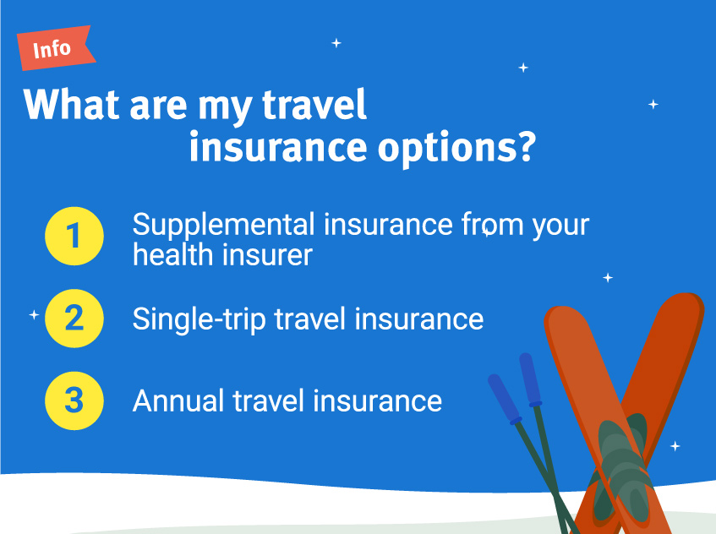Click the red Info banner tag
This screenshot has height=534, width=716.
point(55,48)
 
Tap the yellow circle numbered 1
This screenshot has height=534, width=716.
point(74,236)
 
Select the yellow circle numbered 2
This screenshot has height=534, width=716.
point(74,318)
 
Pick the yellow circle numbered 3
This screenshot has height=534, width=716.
point(74,400)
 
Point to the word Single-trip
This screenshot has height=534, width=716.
point(199,319)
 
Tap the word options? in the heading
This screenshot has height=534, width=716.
point(456,149)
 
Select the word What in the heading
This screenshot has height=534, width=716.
point(71,104)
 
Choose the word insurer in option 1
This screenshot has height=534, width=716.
point(268,254)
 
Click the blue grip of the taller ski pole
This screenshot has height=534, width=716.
point(530,379)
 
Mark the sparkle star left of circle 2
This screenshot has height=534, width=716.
point(34,314)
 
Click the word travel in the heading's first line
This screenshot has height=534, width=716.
point(314,104)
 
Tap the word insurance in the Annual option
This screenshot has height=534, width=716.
point(378,400)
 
